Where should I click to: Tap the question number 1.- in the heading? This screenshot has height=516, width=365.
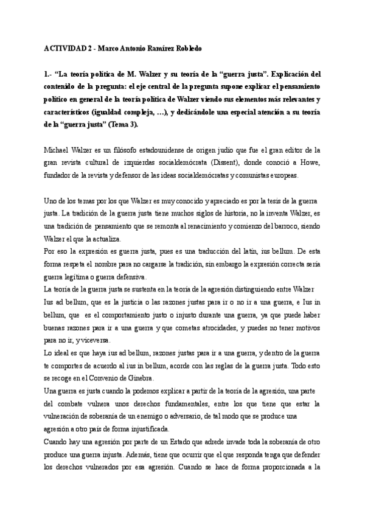point(50,75)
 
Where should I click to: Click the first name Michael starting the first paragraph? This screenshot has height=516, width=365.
point(59,150)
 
